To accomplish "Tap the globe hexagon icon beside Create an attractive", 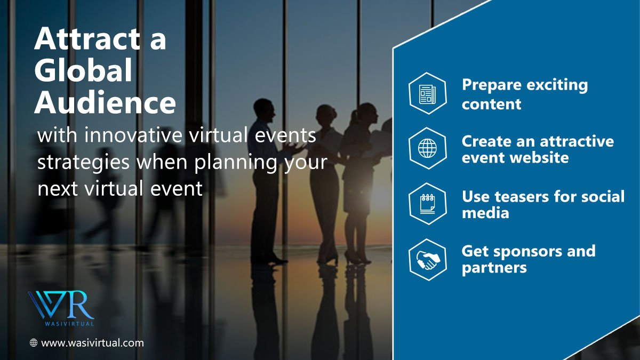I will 427,148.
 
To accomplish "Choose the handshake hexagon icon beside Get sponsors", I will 427,259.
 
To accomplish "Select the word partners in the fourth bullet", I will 494,267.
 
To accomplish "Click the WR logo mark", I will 60,305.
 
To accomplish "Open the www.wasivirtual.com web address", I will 92,343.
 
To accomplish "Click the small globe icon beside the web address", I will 34,343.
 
